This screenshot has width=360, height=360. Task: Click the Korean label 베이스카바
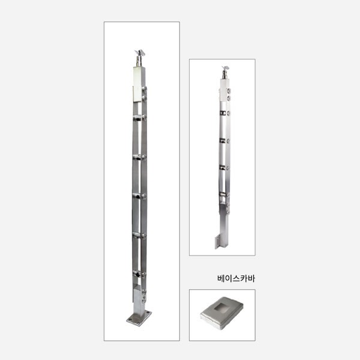click(x=236, y=278)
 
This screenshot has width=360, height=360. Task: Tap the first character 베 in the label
click(x=221, y=278)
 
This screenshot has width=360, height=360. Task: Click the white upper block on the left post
click(x=139, y=84)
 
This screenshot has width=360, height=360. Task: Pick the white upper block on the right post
click(x=224, y=90)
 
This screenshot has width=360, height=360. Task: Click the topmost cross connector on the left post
click(x=140, y=118)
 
